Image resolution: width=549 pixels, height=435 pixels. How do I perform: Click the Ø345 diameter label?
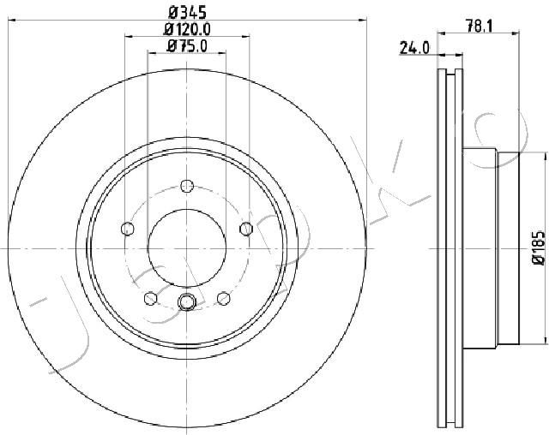(x=187, y=13)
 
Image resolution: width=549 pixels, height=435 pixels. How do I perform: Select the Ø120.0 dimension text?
(x=187, y=29)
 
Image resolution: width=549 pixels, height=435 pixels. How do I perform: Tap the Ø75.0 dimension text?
(x=187, y=45)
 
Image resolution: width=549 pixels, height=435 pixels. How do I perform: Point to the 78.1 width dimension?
(x=479, y=26)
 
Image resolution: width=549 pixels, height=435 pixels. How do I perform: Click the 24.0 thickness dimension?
(x=413, y=48)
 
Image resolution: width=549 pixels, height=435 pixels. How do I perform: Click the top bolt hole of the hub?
(x=187, y=186)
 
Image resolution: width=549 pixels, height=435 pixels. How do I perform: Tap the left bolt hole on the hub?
(x=128, y=229)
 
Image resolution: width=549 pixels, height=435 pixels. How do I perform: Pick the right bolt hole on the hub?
(x=246, y=229)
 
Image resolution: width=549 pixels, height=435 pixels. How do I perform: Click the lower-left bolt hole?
(x=151, y=298)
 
